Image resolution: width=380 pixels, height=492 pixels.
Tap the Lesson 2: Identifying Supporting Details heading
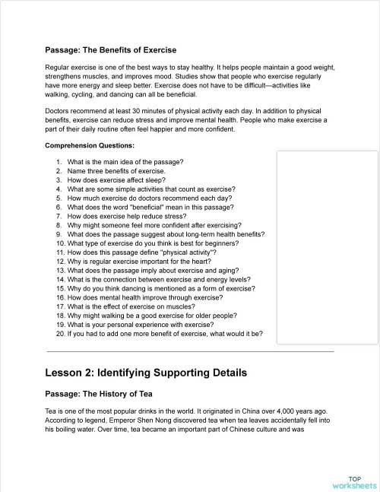pyautogui.click(x=145, y=373)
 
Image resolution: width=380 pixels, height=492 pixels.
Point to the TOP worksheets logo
pyautogui.click(x=354, y=481)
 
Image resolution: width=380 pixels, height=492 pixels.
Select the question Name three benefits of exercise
pyautogui.click(x=116, y=171)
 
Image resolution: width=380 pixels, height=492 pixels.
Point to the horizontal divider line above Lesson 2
pyautogui.click(x=190, y=352)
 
